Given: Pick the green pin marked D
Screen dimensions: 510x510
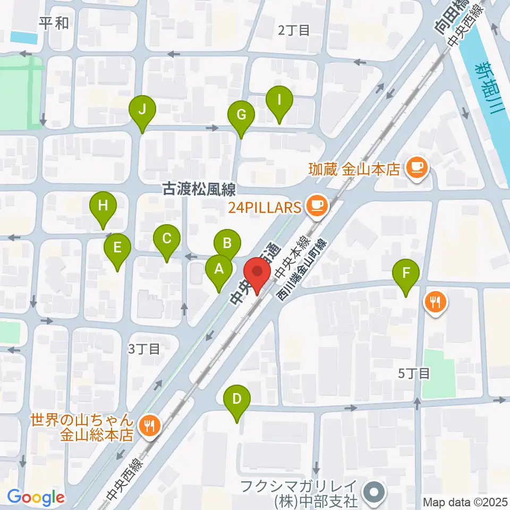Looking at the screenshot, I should click(x=237, y=399).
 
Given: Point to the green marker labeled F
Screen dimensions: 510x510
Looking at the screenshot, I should click(x=406, y=275).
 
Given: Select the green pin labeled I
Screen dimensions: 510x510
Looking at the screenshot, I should click(x=280, y=100).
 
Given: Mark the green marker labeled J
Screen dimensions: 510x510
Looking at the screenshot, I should click(x=142, y=109).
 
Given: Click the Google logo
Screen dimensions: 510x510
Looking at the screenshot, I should click(x=36, y=497).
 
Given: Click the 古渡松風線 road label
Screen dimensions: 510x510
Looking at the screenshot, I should click(x=199, y=190).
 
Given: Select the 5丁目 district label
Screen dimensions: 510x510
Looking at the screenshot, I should click(x=413, y=373).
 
